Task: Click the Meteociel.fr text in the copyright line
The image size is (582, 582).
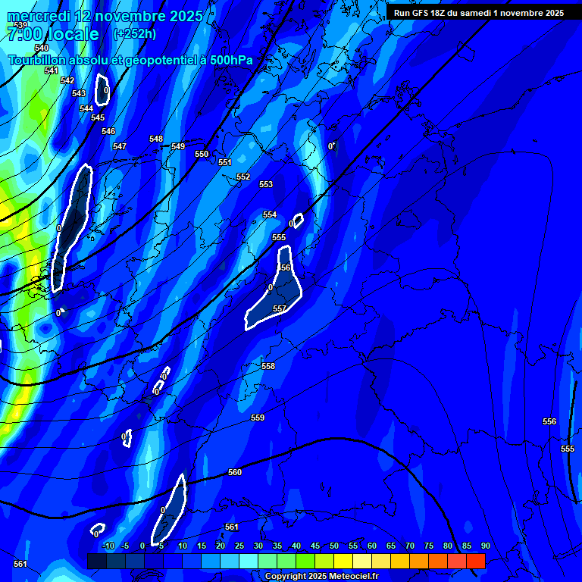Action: [349, 577]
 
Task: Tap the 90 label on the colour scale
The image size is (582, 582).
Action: [485, 546]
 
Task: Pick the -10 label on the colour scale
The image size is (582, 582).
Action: [108, 546]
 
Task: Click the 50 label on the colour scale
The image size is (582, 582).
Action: [334, 546]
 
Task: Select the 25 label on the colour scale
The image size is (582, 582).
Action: [239, 546]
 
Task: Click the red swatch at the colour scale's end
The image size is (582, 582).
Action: [475, 561]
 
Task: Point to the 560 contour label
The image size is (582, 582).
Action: [235, 472]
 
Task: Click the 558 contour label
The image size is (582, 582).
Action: [268, 366]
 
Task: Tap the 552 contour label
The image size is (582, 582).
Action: [243, 177]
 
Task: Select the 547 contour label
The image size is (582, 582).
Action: [120, 146]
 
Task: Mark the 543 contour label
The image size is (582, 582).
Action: [79, 93]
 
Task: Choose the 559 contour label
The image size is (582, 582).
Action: [258, 418]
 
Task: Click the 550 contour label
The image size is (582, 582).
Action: [202, 154]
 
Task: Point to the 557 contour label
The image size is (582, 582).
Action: [280, 308]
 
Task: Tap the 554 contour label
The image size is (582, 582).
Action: [270, 214]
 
